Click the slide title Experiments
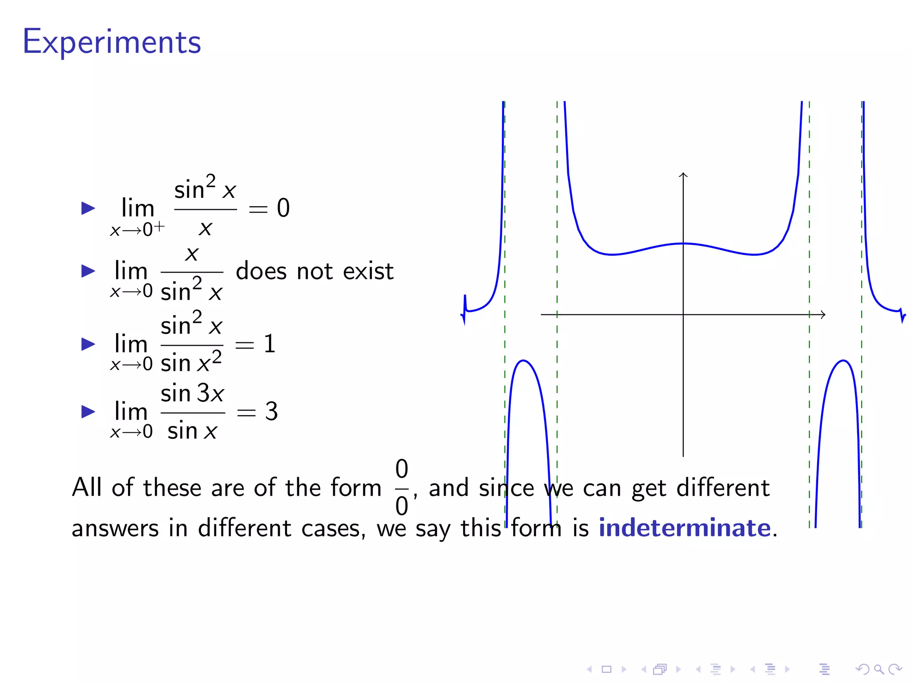click(112, 42)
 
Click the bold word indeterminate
click(684, 528)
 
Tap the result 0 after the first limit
click(283, 208)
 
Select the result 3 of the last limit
click(271, 411)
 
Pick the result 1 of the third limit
click(270, 344)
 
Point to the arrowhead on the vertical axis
click(683, 174)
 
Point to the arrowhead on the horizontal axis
click(823, 314)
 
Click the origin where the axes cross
click(683, 314)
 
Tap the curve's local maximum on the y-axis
click(683, 244)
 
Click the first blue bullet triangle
click(88, 208)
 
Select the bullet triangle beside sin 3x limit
click(88, 411)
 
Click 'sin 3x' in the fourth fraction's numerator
click(192, 394)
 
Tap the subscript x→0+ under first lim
click(137, 229)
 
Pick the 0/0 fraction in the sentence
click(402, 487)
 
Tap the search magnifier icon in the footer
click(879, 669)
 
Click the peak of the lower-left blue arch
click(524, 361)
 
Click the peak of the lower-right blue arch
click(843, 361)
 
